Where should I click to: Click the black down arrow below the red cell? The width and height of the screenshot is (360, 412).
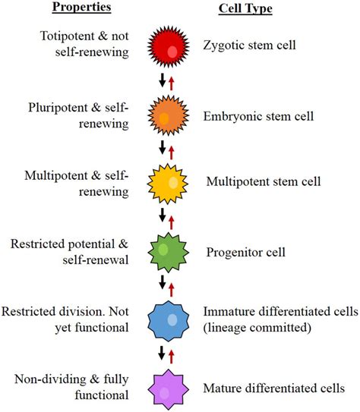coord(160,80)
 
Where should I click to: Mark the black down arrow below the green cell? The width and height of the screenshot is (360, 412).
coord(160,283)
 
